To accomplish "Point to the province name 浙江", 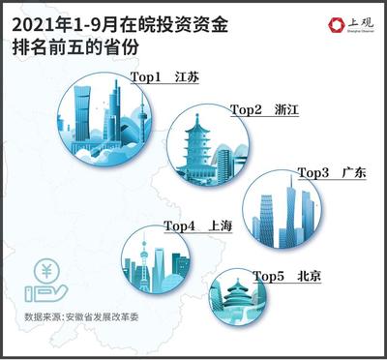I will coord(286,110).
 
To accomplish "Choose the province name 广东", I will coord(354,172).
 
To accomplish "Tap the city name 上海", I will coord(220,225).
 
